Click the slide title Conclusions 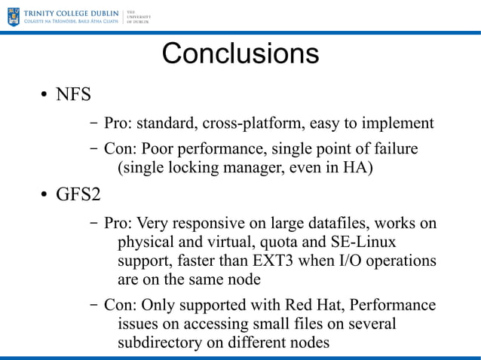[x=240, y=53]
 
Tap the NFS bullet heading [x=73, y=95]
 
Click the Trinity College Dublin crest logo [x=13, y=16]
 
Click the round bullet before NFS [x=44, y=96]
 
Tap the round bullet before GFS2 [x=44, y=196]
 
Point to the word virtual [x=226, y=243]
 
